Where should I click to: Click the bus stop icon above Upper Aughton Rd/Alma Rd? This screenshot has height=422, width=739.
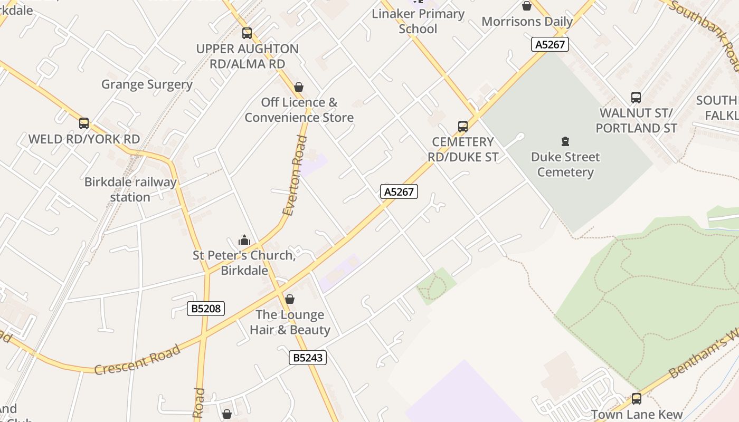[247, 33]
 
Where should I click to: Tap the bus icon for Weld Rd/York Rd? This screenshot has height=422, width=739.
[84, 123]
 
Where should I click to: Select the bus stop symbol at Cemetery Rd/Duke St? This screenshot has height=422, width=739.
[463, 127]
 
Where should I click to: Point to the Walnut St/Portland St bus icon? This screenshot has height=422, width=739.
[636, 98]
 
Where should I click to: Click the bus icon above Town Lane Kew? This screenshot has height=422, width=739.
[637, 399]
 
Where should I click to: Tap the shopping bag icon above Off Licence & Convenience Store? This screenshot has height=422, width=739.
[299, 87]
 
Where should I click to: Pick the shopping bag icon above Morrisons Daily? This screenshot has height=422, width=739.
[527, 6]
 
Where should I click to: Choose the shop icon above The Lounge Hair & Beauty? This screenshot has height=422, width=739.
[290, 300]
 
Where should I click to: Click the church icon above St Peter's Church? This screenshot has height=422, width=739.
[244, 241]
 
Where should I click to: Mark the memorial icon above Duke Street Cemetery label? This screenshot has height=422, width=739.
[565, 141]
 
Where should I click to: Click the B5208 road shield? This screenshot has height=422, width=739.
[206, 309]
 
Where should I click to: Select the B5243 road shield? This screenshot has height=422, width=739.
[308, 358]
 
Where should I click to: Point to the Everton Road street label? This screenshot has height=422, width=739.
[295, 176]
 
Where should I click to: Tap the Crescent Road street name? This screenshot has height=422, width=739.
[137, 359]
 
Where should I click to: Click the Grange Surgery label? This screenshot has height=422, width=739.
[147, 84]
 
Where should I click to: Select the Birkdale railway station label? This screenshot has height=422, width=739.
[130, 190]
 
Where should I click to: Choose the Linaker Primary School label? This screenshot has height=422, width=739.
[418, 21]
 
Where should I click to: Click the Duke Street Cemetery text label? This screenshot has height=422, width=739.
[565, 165]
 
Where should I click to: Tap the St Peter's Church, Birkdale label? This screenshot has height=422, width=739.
[244, 263]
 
